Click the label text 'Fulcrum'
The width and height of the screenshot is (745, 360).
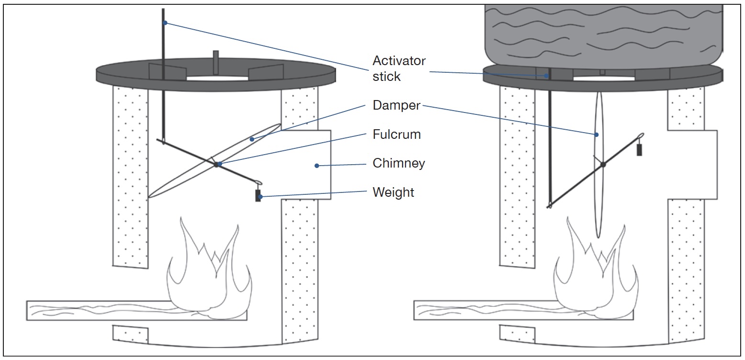[397, 135]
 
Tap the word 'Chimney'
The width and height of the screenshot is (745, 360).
[399, 163]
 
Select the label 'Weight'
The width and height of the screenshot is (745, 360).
[394, 192]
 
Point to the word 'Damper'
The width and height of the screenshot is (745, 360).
[396, 106]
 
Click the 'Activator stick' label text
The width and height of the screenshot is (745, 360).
[399, 68]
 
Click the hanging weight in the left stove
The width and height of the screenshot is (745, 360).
[258, 195]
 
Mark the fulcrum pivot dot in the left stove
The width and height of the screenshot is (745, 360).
[216, 164]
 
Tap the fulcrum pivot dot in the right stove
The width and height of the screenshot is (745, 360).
[603, 164]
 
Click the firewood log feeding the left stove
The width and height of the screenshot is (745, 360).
[96, 310]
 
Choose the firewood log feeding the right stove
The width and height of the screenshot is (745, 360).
[484, 310]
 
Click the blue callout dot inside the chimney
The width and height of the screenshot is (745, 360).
[316, 166]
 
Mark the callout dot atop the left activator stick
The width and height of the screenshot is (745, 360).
[165, 22]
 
